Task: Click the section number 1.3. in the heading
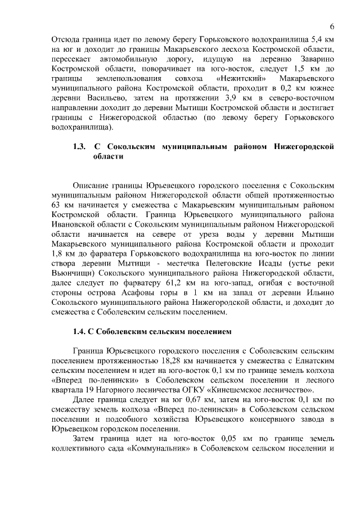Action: pos(79,147)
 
